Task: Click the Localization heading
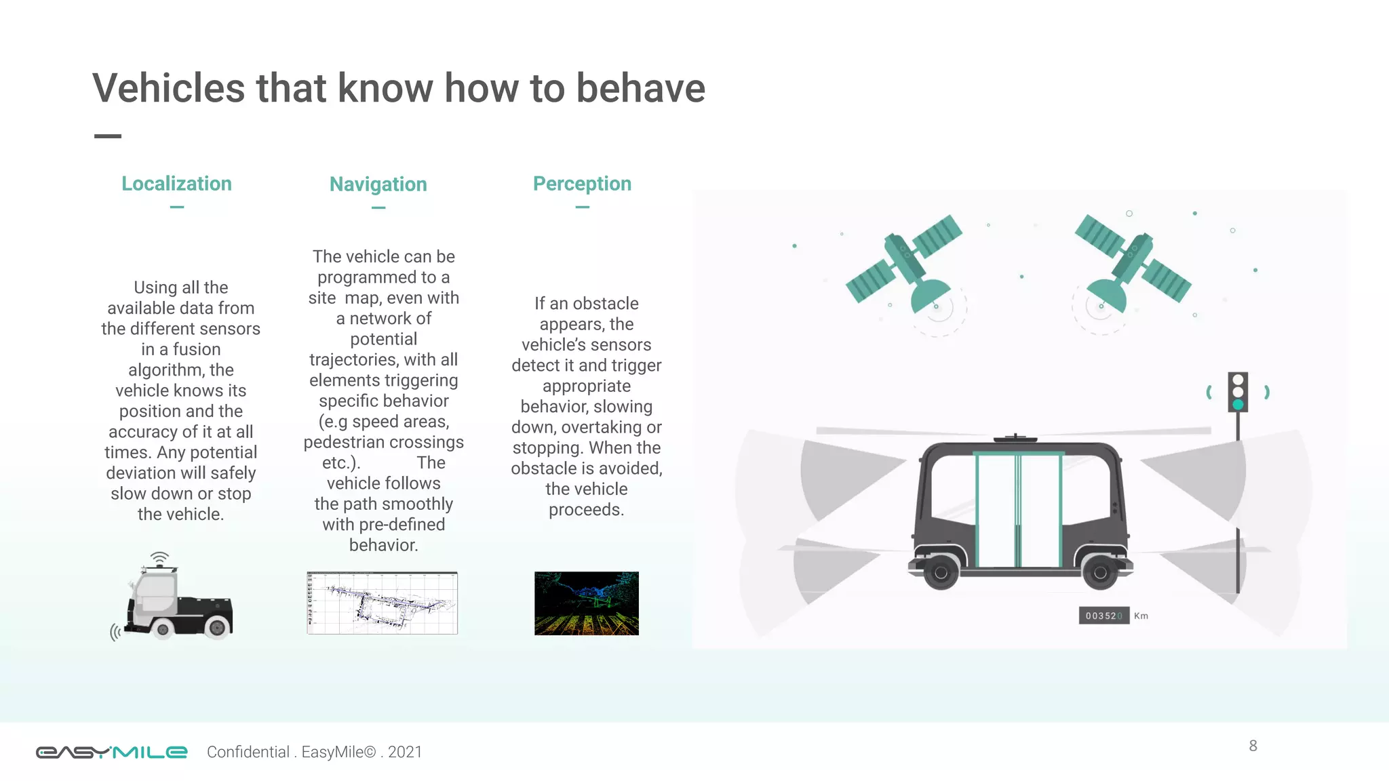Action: coord(176,184)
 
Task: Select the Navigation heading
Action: coord(378,184)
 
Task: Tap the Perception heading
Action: coord(582,184)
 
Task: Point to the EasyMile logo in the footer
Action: coord(111,752)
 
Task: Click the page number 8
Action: coord(1253,746)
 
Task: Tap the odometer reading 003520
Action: coord(1103,616)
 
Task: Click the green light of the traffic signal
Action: coord(1238,405)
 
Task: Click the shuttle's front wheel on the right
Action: coord(1100,574)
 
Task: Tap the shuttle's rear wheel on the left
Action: coord(941,574)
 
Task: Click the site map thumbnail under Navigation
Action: coord(383,603)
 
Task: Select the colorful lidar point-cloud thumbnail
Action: coord(587,603)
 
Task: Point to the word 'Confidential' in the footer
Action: coord(248,752)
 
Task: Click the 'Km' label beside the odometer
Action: coord(1141,616)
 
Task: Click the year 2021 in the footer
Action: coord(405,752)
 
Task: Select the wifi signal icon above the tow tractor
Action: coord(159,558)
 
